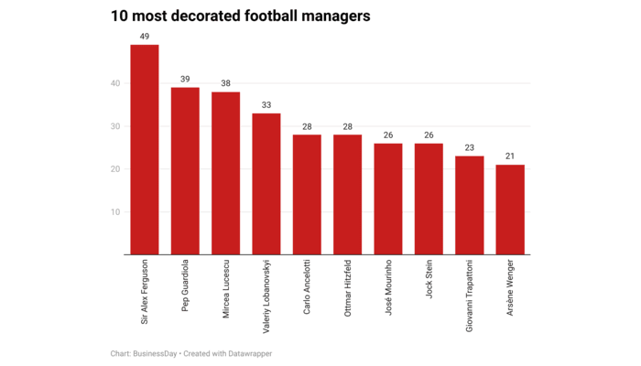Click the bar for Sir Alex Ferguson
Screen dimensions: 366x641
pos(145,150)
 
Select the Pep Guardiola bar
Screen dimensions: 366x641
pos(185,171)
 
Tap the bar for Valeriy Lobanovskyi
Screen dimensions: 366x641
pos(266,184)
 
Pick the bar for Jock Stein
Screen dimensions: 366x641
pos(429,199)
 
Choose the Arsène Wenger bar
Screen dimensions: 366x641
pos(510,210)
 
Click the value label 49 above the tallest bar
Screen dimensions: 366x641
pos(145,37)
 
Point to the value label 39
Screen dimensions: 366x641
pos(185,80)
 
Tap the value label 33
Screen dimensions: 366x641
pos(266,105)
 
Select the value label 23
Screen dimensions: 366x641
pos(469,147)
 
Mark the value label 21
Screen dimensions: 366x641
pos(510,156)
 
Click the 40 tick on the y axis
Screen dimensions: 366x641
pos(115,84)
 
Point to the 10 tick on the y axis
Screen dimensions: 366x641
pos(115,212)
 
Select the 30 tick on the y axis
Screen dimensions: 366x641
pos(115,126)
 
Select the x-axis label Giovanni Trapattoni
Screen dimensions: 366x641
pos(470,295)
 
